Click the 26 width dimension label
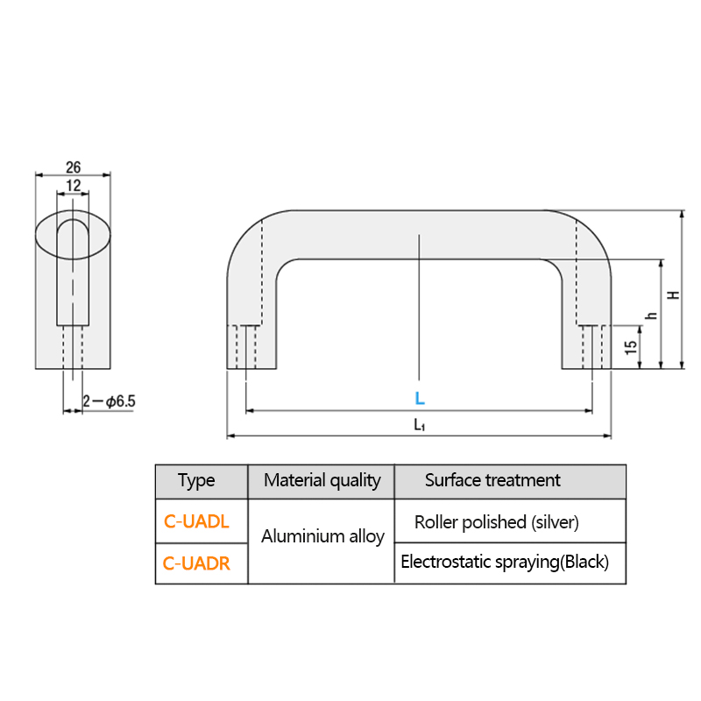[x=74, y=167]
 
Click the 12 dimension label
[x=74, y=185]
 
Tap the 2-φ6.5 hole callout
[x=109, y=401]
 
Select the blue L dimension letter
[x=420, y=398]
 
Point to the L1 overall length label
[x=419, y=424]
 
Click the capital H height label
[x=673, y=295]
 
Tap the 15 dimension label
[x=630, y=347]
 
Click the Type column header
[x=196, y=480]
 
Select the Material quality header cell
[x=322, y=480]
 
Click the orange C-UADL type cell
[x=196, y=521]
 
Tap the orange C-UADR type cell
[x=196, y=563]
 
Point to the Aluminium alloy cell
[x=322, y=536]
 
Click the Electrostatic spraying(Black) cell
[x=505, y=562]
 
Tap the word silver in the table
[x=555, y=522]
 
